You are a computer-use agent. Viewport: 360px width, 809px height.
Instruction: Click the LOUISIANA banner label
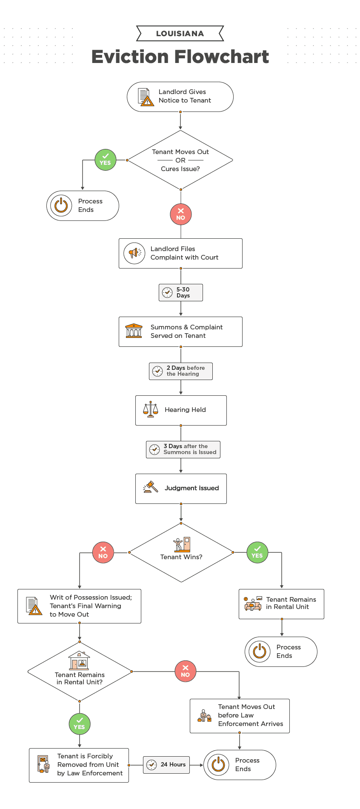[180, 34]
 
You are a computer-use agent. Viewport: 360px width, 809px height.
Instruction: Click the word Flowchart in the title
[222, 57]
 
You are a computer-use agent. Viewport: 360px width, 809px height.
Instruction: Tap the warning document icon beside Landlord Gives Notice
[146, 97]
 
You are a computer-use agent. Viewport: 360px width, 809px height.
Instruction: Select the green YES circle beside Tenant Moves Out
[105, 160]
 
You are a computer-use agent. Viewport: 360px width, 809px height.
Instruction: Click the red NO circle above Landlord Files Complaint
[181, 214]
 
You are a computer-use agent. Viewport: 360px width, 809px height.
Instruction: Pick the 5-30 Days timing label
[181, 293]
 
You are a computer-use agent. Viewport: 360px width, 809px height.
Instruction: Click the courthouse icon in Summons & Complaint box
[134, 331]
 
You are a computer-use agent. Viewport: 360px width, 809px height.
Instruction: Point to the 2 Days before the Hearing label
[181, 371]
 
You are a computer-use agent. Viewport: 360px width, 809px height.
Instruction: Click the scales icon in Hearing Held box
[150, 410]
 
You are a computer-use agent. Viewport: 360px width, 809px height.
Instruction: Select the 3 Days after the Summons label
[183, 449]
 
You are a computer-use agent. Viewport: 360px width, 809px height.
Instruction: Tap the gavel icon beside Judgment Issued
[150, 488]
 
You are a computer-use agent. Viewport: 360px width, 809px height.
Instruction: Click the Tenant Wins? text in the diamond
[181, 557]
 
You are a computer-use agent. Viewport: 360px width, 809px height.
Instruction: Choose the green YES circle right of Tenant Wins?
[257, 552]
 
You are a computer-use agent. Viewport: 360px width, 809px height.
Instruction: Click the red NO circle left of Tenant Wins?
[103, 553]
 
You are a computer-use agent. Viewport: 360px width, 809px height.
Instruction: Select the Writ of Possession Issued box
[79, 606]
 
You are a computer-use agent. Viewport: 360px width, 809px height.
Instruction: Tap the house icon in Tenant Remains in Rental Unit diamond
[79, 661]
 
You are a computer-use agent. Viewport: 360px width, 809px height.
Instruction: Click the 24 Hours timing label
[166, 765]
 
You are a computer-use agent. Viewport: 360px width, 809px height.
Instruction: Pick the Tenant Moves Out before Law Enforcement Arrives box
[240, 715]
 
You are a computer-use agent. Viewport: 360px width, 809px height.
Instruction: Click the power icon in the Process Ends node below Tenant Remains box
[260, 652]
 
